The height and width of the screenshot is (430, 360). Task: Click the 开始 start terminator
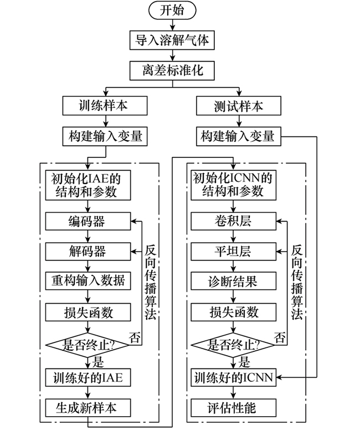pyautogui.click(x=172, y=11)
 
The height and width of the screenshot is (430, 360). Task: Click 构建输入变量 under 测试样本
pyautogui.click(x=239, y=135)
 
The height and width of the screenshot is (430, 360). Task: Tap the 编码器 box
pyautogui.click(x=88, y=222)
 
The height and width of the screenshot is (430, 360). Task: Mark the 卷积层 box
pyautogui.click(x=232, y=222)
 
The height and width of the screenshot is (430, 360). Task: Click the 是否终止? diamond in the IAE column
pyautogui.click(x=89, y=344)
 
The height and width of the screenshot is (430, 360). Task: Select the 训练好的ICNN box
pyautogui.click(x=232, y=378)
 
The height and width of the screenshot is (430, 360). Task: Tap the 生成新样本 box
pyautogui.click(x=88, y=408)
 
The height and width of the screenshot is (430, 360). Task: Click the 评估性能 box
pyautogui.click(x=232, y=408)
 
